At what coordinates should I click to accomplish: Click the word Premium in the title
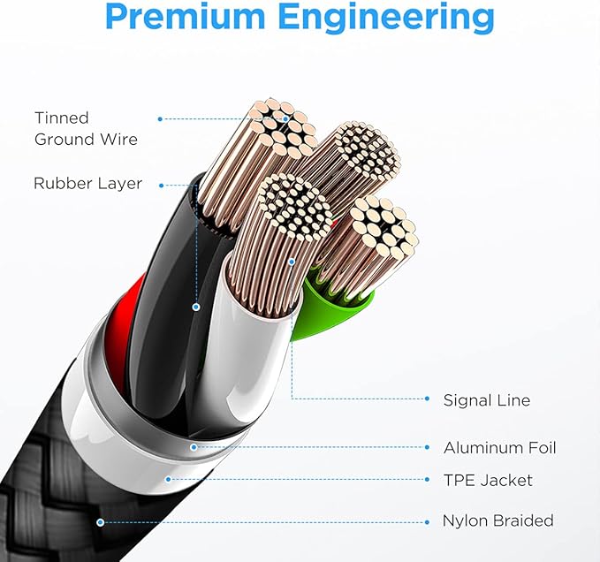[185, 17]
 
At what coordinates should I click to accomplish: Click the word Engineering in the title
[386, 18]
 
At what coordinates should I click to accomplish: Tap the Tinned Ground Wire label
[86, 128]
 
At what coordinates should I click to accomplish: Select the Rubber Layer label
[88, 183]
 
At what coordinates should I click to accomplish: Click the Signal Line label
[487, 400]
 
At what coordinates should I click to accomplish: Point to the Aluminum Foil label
[500, 448]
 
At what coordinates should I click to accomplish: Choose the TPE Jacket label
[488, 480]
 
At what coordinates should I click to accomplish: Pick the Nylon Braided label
[497, 520]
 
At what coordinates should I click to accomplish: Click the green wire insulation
[329, 314]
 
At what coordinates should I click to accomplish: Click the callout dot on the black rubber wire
[196, 307]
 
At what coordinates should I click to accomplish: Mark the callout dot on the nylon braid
[100, 522]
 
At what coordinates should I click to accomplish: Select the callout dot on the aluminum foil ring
[194, 447]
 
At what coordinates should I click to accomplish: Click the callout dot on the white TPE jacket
[168, 479]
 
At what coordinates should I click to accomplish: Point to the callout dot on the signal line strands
[292, 262]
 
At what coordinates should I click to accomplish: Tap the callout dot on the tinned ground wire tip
[285, 119]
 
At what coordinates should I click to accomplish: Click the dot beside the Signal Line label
[428, 399]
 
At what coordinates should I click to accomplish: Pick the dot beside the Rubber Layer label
[161, 186]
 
